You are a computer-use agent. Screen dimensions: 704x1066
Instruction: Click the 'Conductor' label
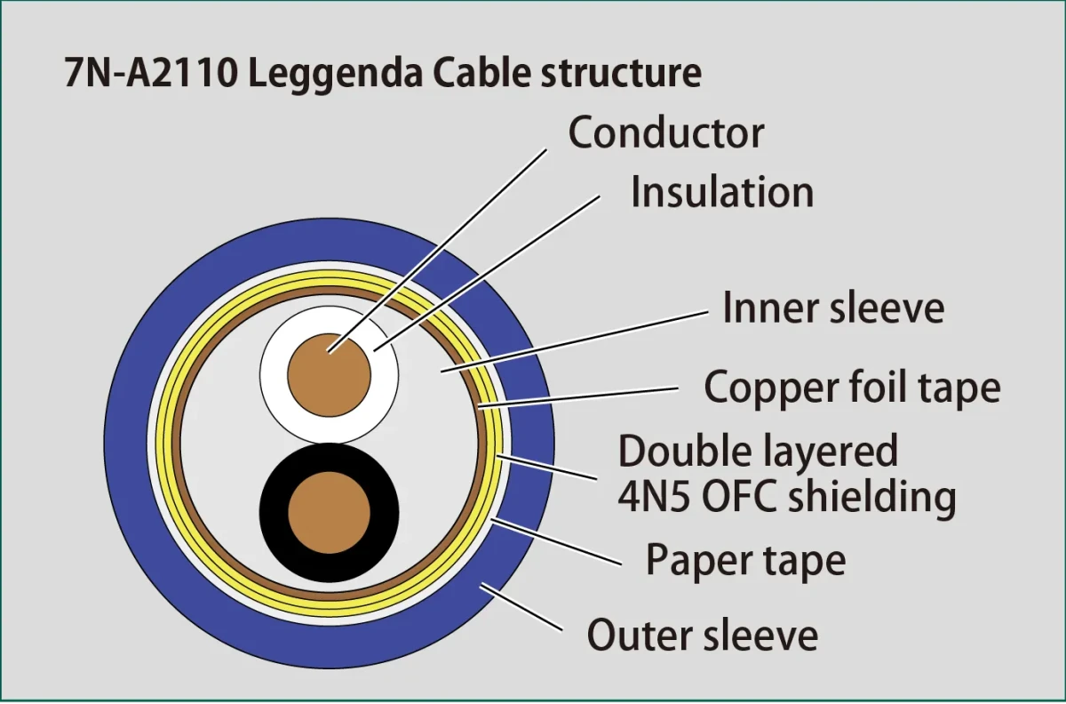click(x=666, y=133)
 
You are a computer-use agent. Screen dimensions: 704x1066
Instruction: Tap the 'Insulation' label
click(x=721, y=193)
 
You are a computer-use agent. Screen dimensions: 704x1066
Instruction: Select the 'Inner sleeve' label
click(x=832, y=308)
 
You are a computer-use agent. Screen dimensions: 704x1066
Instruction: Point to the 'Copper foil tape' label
click(x=852, y=388)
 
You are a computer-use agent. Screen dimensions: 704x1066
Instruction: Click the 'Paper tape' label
click(x=745, y=560)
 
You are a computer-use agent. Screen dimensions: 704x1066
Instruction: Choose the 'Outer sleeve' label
click(x=702, y=636)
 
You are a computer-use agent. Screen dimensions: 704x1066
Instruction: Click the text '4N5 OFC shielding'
click(x=786, y=498)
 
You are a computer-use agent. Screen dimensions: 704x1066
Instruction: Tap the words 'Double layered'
click(x=758, y=452)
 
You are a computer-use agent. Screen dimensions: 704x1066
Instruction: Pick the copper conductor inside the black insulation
click(x=329, y=512)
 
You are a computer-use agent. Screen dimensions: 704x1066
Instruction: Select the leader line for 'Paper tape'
click(x=560, y=541)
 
